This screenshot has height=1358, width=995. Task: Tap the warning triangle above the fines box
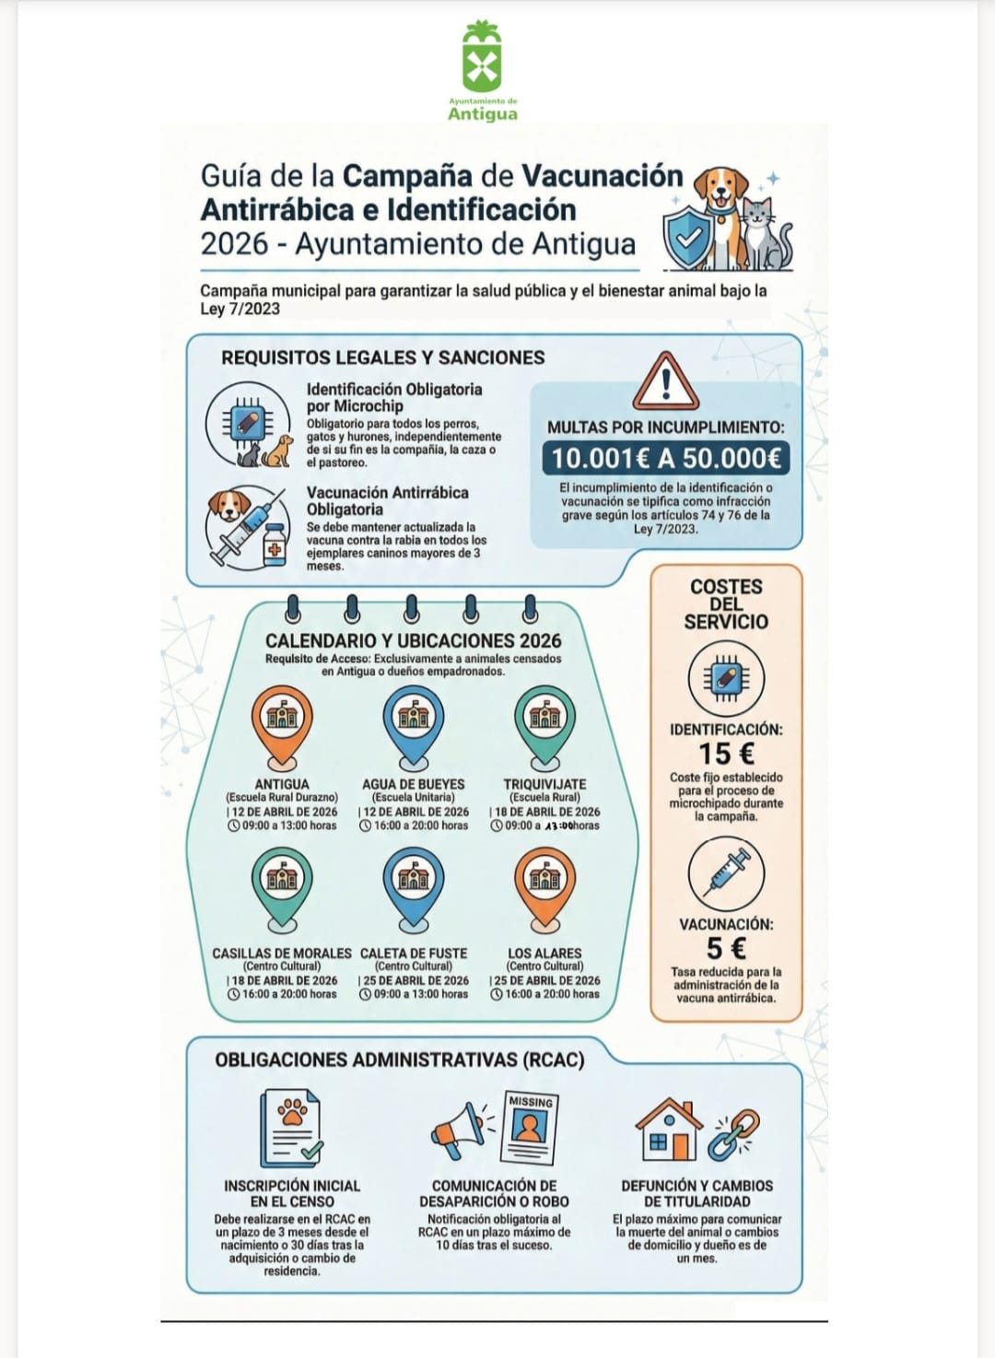[x=665, y=380]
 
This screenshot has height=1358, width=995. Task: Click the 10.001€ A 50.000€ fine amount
[x=665, y=458]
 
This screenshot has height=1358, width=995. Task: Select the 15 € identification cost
[x=726, y=754]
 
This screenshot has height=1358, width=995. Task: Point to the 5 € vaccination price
[x=726, y=948]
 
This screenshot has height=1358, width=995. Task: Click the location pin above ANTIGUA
[x=282, y=722]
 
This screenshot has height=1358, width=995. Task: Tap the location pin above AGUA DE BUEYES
[x=414, y=722]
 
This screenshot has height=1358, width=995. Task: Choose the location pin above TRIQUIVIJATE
[x=545, y=722]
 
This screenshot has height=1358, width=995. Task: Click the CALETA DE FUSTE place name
[x=414, y=953]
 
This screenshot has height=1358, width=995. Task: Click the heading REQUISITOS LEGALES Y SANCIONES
[x=382, y=357]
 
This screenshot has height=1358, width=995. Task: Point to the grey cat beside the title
[x=767, y=235]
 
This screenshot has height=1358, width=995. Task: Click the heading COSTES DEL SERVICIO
[x=726, y=603]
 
